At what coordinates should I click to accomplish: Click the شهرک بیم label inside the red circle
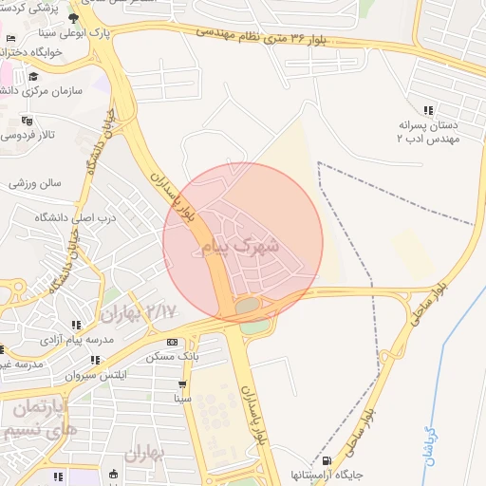(x=242, y=247)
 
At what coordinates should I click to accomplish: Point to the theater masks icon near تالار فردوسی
(x=26, y=121)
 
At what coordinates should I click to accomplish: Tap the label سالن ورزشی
(x=35, y=182)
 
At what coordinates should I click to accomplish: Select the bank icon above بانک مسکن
(x=172, y=342)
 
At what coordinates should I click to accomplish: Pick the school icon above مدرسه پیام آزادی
(x=76, y=325)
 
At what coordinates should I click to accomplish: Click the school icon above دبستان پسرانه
(x=429, y=110)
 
